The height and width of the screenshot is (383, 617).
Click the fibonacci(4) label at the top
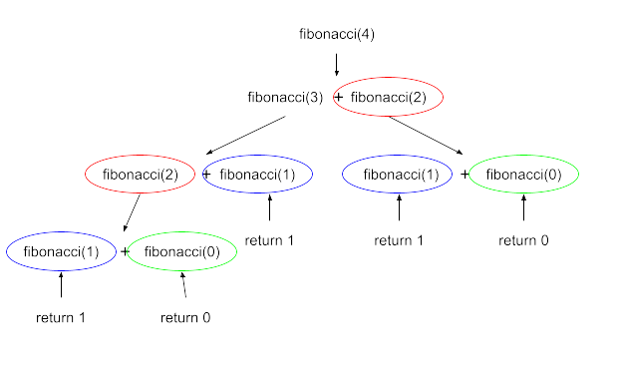pos(337,35)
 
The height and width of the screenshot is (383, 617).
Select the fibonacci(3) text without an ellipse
pos(285,98)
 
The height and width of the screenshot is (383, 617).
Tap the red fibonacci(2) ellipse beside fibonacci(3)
pos(388,98)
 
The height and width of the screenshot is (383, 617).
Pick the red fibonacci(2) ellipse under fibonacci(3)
pos(140,175)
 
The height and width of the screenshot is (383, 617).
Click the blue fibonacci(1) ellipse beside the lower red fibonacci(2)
pos(258,175)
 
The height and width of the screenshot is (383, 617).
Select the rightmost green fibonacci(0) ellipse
pos(523,175)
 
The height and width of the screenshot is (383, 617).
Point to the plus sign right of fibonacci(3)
pos(337,98)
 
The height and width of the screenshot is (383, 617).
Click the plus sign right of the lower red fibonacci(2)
pos(206,175)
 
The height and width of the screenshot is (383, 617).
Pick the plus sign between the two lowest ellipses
pos(126,251)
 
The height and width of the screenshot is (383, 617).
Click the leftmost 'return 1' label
pos(61,318)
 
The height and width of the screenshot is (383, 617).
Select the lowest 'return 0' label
pos(185,318)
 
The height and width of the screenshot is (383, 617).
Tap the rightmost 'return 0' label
pos(524,240)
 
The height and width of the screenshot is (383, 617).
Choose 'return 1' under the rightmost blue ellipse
pos(400,240)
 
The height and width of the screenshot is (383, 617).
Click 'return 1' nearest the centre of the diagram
pos(270,240)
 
